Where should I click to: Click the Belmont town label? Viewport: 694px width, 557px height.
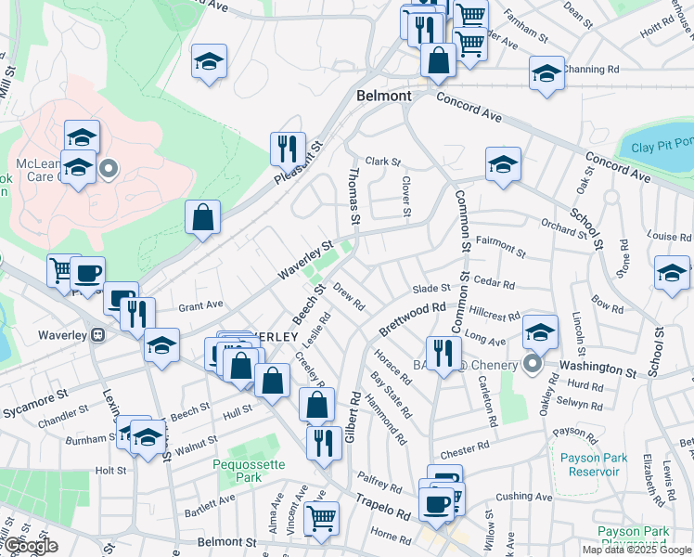pos(384,96)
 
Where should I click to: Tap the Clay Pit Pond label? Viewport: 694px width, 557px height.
pos(662,145)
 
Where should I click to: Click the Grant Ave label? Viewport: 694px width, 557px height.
pos(200,304)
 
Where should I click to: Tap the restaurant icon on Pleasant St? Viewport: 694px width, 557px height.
pos(288,149)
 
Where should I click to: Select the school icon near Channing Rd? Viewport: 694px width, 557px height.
pos(546,72)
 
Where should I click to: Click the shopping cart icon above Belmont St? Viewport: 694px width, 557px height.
pos(321,518)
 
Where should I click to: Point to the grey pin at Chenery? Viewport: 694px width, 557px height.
pos(533,363)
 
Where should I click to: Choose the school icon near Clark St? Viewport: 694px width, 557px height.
pos(504,164)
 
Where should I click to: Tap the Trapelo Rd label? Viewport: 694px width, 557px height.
pos(382,507)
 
